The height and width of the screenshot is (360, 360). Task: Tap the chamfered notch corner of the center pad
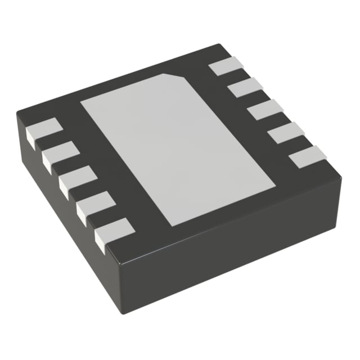(179, 75)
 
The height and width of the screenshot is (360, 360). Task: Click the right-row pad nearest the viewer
(308, 156)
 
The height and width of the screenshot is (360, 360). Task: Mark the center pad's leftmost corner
(81, 103)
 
